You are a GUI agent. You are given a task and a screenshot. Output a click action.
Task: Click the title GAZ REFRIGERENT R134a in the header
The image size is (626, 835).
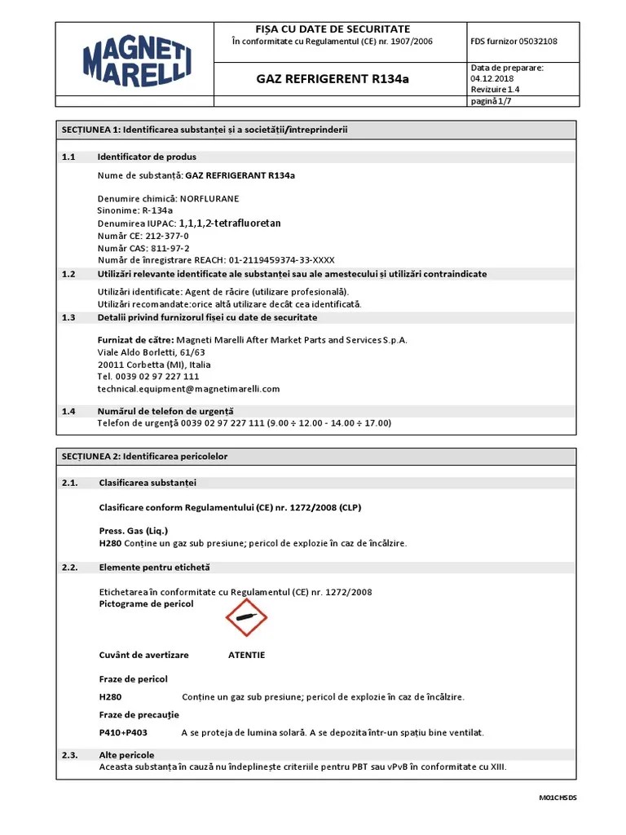(333, 79)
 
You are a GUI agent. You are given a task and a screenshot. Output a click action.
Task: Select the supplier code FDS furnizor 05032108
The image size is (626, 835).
(514, 42)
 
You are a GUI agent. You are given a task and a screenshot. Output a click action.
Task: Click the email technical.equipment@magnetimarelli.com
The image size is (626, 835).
(188, 389)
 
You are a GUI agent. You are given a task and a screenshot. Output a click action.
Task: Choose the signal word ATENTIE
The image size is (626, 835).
(246, 655)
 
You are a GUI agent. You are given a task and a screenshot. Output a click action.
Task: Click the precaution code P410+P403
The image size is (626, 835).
(123, 732)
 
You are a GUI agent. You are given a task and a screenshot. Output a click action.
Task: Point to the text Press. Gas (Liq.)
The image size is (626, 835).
(133, 531)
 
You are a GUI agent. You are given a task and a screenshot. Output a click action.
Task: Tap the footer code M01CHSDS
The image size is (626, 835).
(558, 797)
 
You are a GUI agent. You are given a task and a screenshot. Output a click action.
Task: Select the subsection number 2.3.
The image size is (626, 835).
(69, 755)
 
